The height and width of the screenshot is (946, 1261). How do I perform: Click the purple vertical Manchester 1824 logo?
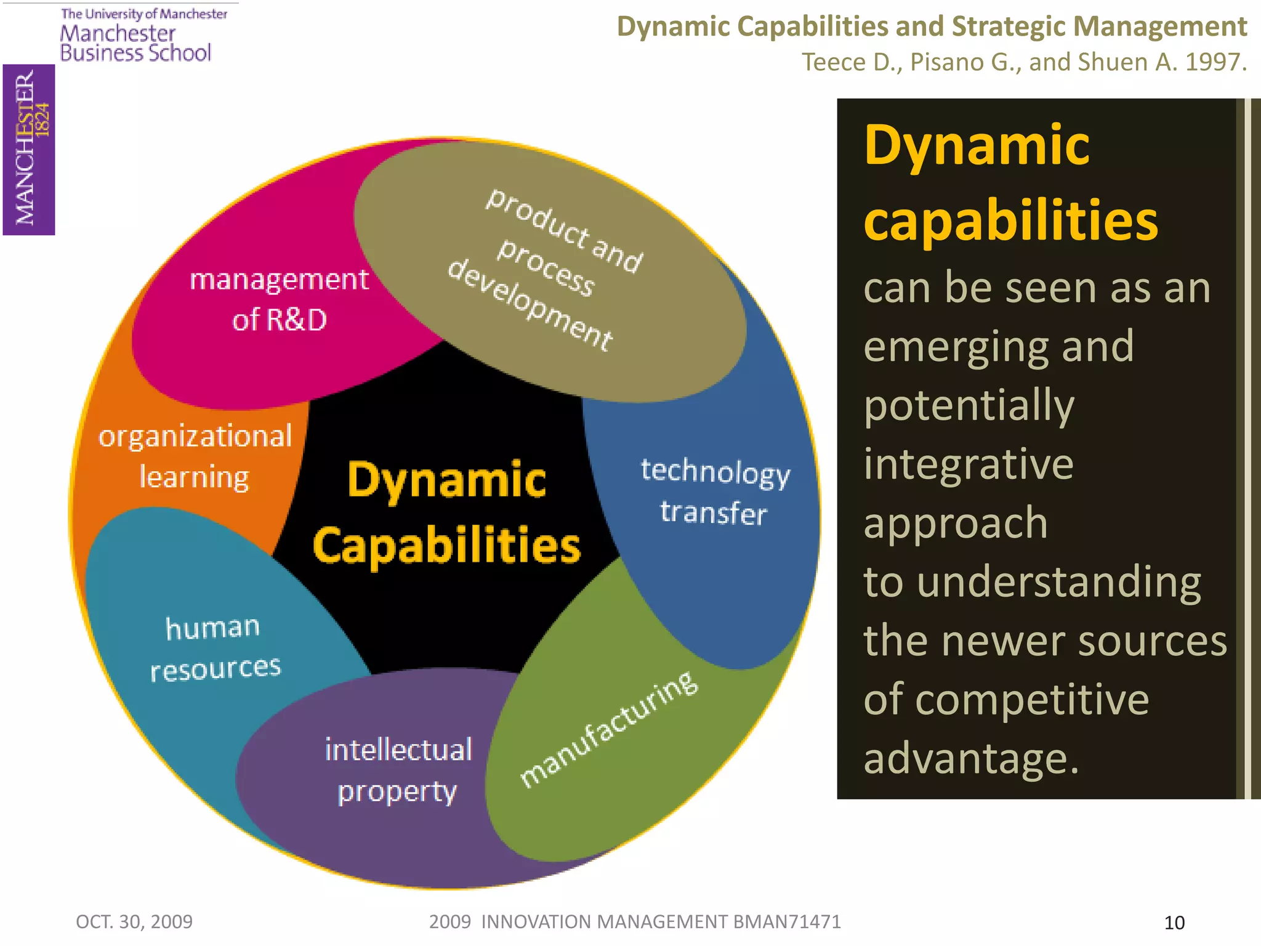[29, 150]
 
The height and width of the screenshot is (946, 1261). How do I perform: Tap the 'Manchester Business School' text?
[135, 43]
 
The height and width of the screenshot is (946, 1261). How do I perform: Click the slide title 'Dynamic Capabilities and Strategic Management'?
[932, 27]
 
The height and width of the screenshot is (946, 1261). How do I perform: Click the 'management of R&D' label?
[279, 299]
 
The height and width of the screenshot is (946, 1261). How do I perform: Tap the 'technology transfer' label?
[714, 491]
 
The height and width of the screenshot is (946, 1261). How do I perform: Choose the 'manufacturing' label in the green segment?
[608, 729]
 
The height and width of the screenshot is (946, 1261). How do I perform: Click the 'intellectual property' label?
[398, 770]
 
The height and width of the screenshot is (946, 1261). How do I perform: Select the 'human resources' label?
[214, 648]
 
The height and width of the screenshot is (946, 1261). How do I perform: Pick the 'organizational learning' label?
[195, 456]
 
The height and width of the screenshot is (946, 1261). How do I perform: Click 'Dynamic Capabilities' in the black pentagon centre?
[446, 512]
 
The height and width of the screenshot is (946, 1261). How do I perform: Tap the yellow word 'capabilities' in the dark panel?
[1010, 221]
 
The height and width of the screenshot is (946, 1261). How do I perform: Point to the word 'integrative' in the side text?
[969, 464]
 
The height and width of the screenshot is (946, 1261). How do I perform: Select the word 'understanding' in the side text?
[1059, 582]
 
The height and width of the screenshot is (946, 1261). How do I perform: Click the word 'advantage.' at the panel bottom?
[971, 759]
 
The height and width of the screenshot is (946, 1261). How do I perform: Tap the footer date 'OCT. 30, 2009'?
[134, 921]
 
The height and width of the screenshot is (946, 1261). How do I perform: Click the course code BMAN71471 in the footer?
[787, 921]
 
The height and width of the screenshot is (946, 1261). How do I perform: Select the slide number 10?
[1174, 923]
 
